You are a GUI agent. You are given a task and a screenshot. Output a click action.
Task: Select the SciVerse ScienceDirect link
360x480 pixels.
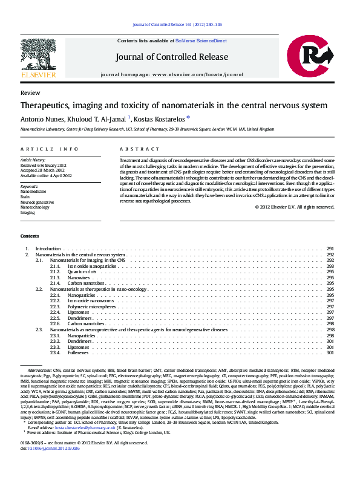pos(201,41)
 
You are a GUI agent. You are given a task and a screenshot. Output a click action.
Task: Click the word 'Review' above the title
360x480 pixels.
pos(30,93)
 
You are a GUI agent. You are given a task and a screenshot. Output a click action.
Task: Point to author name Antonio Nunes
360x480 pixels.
pos(40,118)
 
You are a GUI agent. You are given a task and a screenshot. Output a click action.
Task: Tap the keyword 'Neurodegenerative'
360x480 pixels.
pos(38,202)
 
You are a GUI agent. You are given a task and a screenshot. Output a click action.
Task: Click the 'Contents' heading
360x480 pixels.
pos(30,236)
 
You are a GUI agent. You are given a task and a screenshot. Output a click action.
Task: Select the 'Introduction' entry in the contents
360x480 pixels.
pos(48,249)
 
